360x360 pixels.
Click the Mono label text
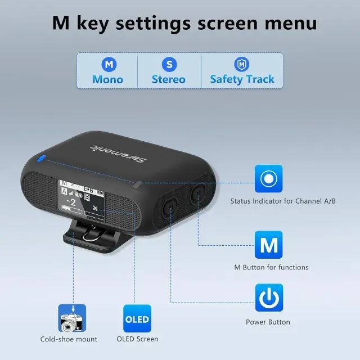pyautogui.click(x=107, y=79)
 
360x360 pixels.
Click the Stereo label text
pyautogui.click(x=168, y=79)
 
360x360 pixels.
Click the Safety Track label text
pyautogui.click(x=242, y=79)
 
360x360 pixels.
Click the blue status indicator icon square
pyautogui.click(x=269, y=179)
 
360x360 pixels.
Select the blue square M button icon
pyautogui.click(x=269, y=245)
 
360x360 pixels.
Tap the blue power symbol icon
pyautogui.click(x=269, y=298)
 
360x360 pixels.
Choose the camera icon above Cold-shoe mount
pyautogui.click(x=72, y=318)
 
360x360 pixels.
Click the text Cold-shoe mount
pyautogui.click(x=69, y=339)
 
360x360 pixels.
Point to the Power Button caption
pyautogui.click(x=268, y=322)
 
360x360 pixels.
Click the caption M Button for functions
pyautogui.click(x=271, y=267)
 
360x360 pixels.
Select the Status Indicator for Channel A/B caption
pyautogui.click(x=283, y=201)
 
